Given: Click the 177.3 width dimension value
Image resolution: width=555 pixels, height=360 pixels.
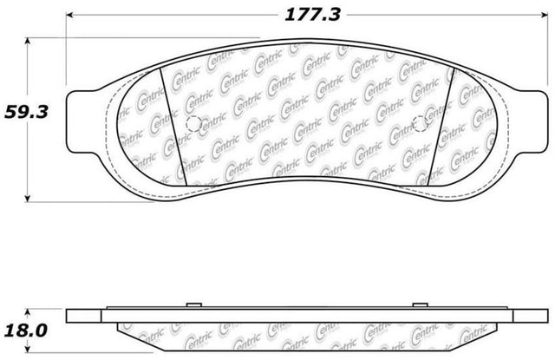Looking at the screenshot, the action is pos(312,15).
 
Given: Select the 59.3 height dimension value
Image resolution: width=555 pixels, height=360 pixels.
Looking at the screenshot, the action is pos(26,113).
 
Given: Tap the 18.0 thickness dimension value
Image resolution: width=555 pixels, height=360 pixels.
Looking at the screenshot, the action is pos(26,331).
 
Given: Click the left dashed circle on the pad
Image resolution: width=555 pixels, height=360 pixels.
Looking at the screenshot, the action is pos(193,124).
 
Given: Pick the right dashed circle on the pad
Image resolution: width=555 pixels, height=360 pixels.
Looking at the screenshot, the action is pos(420,124).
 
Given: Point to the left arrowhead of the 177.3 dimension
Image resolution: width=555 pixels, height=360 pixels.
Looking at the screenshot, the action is pos(69,15).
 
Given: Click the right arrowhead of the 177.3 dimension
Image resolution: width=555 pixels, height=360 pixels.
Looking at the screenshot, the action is pos(545,15).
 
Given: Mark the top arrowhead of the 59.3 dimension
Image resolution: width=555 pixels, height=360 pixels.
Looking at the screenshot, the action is pos(28,41).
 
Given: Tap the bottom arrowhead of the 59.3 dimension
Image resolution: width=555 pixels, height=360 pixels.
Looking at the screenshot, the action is pos(28,199).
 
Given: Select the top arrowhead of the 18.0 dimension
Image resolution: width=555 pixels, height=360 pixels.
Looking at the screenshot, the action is pos(28,311).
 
